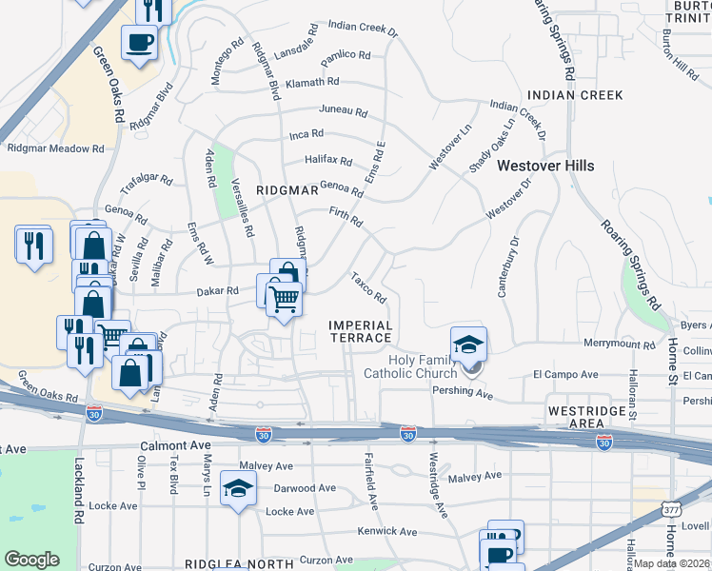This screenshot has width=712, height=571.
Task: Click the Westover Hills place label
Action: pos(544,166)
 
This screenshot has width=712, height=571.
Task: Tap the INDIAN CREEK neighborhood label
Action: pos(575,95)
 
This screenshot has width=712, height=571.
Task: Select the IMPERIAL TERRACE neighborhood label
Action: pos(360,331)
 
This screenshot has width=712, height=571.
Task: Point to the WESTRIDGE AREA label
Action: pos(587,416)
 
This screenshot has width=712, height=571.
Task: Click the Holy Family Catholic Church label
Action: pos(411,366)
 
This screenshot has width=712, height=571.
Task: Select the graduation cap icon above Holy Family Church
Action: pos(468,345)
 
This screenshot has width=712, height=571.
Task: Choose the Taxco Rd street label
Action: pos(367,289)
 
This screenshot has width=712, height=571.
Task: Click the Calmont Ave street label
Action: pos(175,444)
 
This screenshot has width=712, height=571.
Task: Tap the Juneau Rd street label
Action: pos(343,111)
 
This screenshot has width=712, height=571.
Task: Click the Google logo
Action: pos(31,560)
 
